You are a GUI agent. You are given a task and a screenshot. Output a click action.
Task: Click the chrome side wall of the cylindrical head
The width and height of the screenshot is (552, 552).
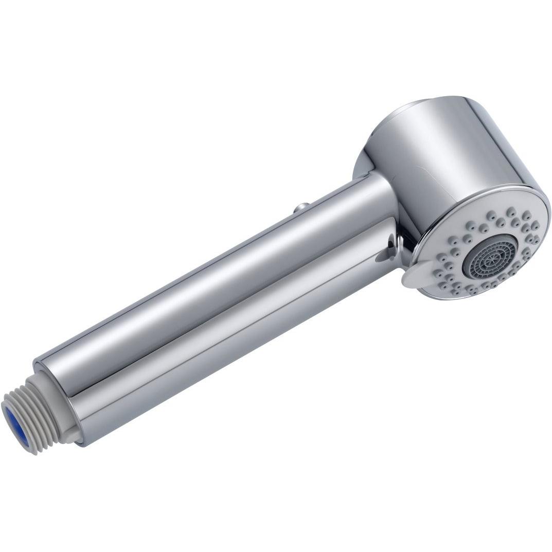click(453, 149)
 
